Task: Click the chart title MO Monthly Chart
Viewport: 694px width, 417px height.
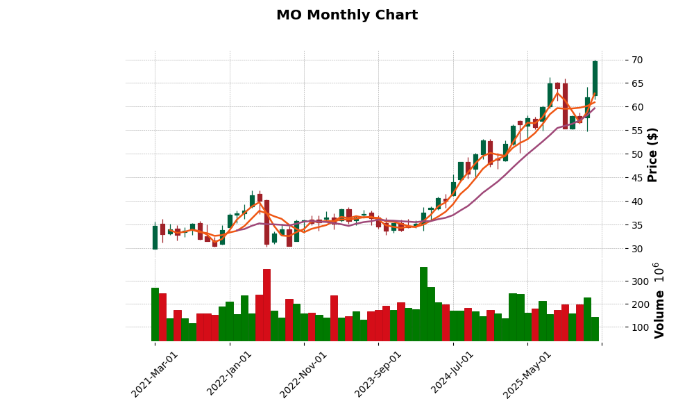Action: tap(347, 15)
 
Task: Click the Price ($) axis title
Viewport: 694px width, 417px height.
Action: tap(653, 154)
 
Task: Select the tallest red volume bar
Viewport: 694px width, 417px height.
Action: tap(266, 304)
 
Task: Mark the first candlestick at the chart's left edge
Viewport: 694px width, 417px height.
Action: tap(155, 237)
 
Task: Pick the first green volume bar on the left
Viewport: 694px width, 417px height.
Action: tap(155, 314)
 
